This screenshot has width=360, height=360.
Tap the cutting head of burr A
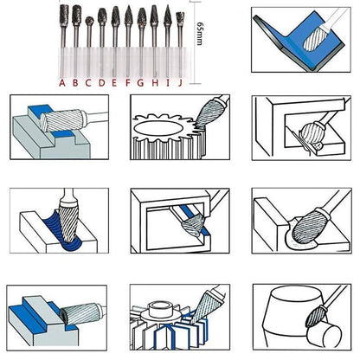[x=62, y=16]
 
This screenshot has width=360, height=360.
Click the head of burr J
[x=180, y=18]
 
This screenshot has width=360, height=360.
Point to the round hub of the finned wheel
[x=159, y=306]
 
